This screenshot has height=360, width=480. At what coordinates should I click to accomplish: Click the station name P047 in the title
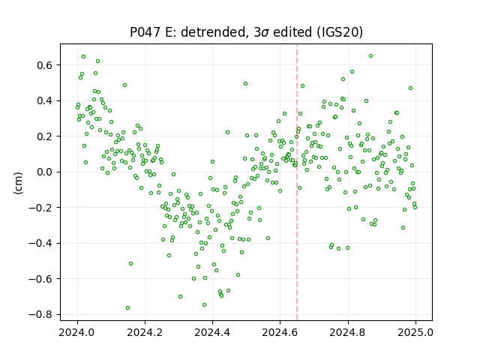145,32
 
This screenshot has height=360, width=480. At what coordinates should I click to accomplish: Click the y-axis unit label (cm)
18,183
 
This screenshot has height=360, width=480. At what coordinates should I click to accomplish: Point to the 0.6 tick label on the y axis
45,65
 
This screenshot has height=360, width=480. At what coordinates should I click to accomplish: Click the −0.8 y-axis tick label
42,314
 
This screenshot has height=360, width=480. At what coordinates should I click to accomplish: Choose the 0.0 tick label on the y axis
45,172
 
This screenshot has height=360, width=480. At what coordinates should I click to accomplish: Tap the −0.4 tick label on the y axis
42,243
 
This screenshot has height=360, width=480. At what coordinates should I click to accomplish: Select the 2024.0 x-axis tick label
77,332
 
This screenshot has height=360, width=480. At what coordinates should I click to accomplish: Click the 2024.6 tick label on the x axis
280,332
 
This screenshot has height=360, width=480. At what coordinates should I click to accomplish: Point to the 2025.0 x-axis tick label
415,332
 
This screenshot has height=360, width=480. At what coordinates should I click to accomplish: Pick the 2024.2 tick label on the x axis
145,332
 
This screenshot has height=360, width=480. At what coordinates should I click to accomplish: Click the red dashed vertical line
297,182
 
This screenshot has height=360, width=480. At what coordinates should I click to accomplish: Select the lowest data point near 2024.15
127,307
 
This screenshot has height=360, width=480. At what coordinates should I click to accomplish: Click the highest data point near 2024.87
370,56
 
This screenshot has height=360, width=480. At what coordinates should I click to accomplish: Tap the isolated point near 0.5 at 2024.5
245,83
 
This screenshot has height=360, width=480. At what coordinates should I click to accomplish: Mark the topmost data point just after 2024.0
83,57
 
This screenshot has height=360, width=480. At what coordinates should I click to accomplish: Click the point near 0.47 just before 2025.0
410,88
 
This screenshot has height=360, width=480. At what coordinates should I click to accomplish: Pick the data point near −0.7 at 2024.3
180,297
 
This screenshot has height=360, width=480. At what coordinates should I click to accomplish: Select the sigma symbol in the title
265,33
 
